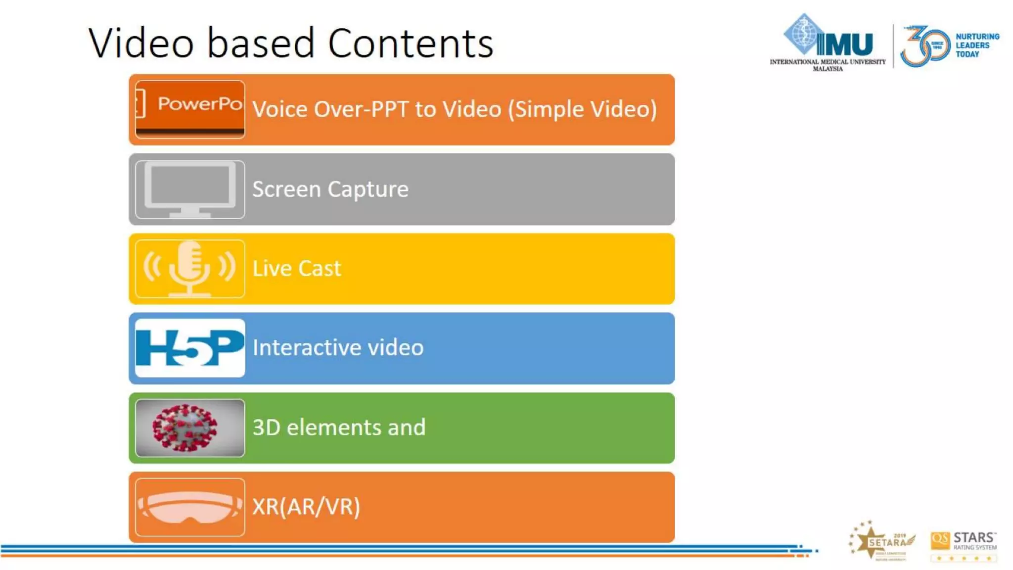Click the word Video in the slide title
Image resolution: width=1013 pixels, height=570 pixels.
coord(141,44)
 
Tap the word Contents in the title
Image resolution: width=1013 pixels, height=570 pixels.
coord(411,44)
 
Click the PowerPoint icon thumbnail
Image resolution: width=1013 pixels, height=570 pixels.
coord(190,109)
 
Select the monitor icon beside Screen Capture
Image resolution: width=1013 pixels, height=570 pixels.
coord(190,189)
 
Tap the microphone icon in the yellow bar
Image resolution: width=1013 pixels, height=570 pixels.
coord(190,269)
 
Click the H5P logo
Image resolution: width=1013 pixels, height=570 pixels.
coord(190,348)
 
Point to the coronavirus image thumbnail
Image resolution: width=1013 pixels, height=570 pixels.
coord(190,427)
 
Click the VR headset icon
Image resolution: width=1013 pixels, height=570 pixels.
coord(190,507)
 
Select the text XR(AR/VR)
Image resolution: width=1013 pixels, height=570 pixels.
coord(306,507)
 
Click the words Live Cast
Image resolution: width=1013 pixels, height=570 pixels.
coord(297,269)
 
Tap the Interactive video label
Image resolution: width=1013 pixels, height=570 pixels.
coord(338,348)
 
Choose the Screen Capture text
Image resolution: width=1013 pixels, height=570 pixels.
coord(330,189)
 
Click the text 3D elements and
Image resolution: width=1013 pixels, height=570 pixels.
coord(339,427)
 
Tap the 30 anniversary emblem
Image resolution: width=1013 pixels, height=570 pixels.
coord(925,46)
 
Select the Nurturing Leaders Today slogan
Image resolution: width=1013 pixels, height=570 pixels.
coord(977,46)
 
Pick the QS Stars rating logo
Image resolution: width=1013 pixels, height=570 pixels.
coord(964,544)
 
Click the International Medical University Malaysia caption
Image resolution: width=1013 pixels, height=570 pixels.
coord(828,65)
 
